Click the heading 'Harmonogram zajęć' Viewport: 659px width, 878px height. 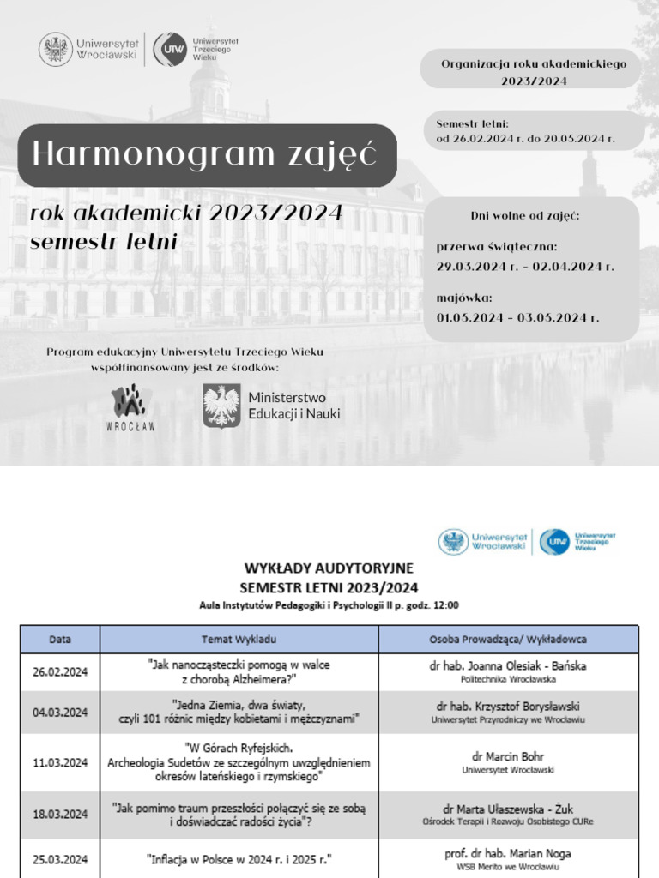204,154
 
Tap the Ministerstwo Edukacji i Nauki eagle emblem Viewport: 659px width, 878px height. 221,406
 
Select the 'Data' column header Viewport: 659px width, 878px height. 60,640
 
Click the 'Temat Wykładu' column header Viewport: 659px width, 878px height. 239,640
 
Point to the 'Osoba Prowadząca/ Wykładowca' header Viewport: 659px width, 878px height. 508,640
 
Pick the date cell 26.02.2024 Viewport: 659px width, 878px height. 60,672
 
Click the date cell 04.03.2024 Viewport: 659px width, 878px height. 60,712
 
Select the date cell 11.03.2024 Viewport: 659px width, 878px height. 60,762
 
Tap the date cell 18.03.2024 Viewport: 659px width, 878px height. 60,814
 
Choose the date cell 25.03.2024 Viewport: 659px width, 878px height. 60,859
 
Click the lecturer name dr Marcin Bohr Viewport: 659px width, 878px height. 508,756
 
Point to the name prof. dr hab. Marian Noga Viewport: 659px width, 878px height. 508,854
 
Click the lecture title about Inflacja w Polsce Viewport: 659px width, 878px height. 239,859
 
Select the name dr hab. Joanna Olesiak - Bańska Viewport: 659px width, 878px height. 508,665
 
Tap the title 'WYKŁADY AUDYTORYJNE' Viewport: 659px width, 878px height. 329,568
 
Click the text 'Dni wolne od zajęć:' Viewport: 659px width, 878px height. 525,215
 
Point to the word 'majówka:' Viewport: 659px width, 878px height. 464,298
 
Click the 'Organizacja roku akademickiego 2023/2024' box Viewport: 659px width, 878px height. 534,72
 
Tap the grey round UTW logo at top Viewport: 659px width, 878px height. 169,49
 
